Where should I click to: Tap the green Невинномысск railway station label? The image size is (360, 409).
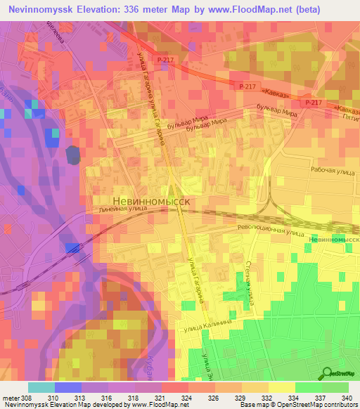point(333,240)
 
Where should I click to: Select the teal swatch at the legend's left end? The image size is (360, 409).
point(41,387)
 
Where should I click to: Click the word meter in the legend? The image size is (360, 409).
point(11,397)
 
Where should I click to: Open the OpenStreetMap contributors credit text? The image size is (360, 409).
point(317,405)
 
